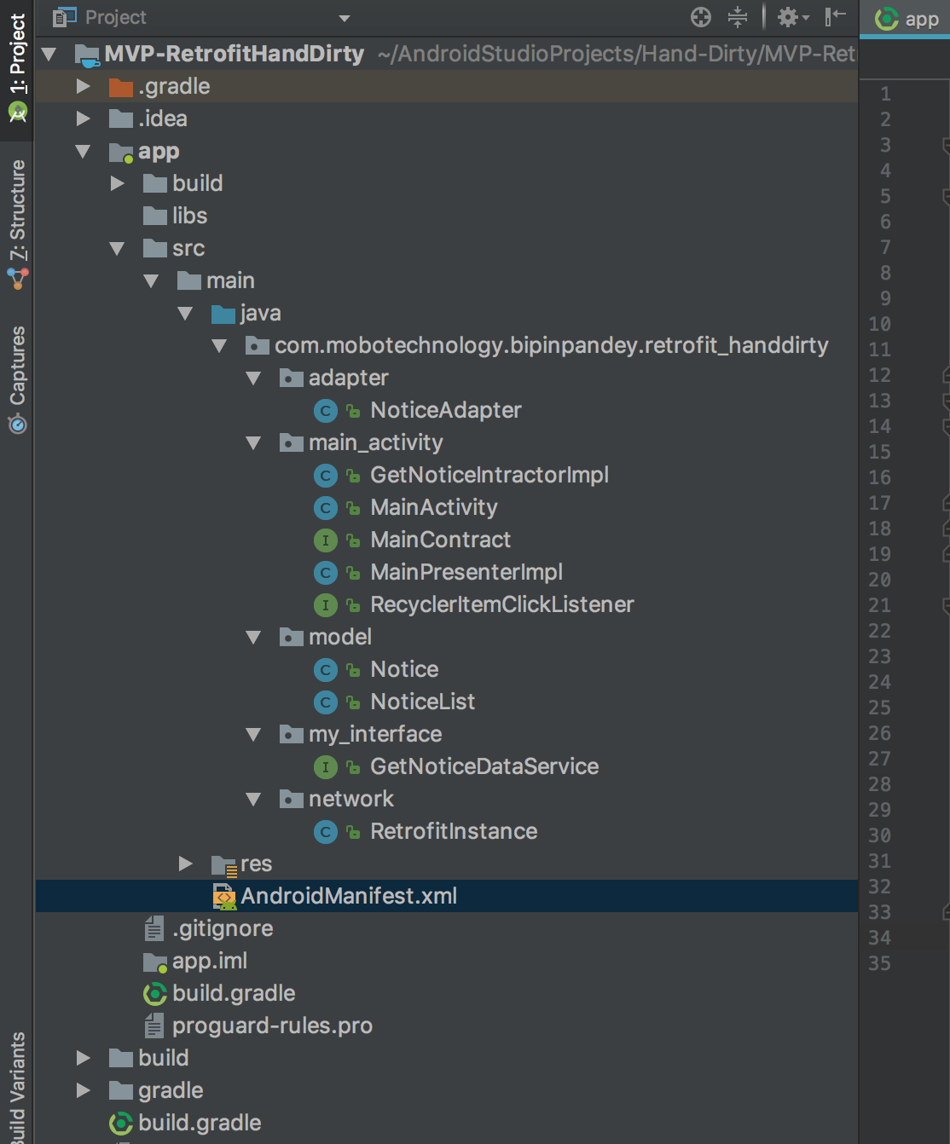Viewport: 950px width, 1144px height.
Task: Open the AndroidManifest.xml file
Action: (x=349, y=896)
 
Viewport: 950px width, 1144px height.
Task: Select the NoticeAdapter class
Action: (x=446, y=410)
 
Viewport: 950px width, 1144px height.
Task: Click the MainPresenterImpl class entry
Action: (x=466, y=573)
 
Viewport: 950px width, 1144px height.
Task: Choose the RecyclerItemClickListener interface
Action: (x=502, y=605)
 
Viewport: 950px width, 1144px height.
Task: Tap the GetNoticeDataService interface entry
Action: (x=484, y=766)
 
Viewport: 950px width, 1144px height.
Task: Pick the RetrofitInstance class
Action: (x=454, y=832)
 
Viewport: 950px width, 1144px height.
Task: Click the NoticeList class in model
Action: (x=423, y=702)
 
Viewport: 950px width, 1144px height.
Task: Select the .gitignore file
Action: (x=223, y=928)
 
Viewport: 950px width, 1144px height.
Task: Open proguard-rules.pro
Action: (x=272, y=1026)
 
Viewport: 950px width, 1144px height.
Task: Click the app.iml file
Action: (x=210, y=961)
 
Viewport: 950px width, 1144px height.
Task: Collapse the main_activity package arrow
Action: (x=253, y=442)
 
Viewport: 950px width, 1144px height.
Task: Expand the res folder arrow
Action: (x=186, y=864)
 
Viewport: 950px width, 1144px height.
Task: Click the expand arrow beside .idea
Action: (x=84, y=118)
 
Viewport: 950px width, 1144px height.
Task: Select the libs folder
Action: (x=189, y=216)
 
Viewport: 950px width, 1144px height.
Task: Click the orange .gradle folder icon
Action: (x=120, y=87)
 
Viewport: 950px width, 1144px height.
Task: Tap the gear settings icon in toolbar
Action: (x=788, y=18)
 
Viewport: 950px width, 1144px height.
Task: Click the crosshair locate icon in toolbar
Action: (x=701, y=18)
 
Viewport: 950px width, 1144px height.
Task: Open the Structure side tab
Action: (x=18, y=211)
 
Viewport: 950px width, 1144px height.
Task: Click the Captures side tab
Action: (x=18, y=366)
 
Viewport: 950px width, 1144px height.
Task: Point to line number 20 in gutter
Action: (x=880, y=580)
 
